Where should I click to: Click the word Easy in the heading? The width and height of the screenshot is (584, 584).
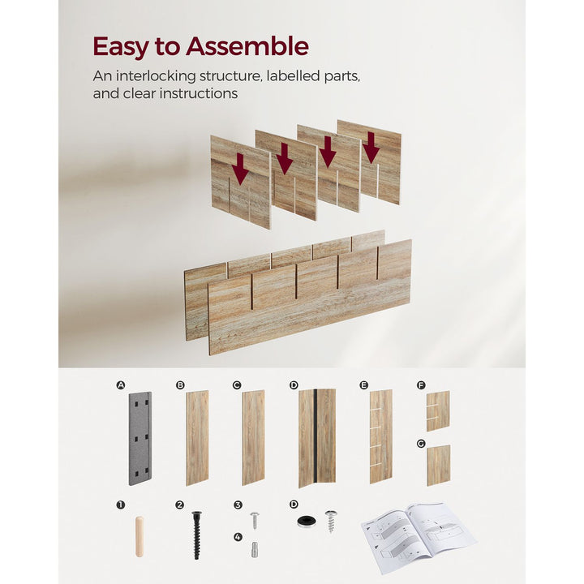(x=121, y=47)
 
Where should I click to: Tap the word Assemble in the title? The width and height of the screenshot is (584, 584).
(x=247, y=46)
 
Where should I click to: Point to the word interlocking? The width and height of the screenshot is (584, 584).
(x=156, y=76)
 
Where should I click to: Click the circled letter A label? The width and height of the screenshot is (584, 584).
(x=120, y=385)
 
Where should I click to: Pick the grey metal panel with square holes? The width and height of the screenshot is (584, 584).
(x=140, y=438)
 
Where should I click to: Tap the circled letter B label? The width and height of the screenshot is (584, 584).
(x=180, y=385)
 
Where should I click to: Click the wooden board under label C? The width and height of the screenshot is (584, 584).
(x=253, y=438)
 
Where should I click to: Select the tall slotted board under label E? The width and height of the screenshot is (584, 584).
(x=380, y=437)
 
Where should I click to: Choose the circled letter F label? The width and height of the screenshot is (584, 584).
(x=421, y=385)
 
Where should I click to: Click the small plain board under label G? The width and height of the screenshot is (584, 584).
(x=438, y=466)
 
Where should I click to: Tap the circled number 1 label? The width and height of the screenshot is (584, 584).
(x=120, y=505)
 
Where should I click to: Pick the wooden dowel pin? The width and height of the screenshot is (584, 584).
(x=140, y=537)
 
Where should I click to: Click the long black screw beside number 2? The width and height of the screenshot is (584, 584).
(x=196, y=535)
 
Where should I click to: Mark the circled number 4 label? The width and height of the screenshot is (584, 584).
(x=238, y=537)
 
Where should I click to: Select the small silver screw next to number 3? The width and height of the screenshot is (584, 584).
(x=255, y=520)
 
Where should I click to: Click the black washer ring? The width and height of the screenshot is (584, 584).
(x=306, y=521)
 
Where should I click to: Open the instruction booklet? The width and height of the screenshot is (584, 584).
(x=419, y=537)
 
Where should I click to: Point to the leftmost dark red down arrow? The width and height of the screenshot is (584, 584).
(x=240, y=170)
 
